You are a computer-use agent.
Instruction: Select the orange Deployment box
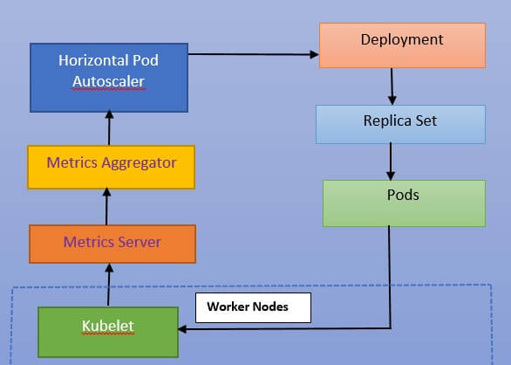(402, 45)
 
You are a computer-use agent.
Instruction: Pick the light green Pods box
(403, 203)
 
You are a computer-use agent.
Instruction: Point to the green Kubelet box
(107, 331)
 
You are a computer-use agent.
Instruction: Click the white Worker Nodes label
(253, 308)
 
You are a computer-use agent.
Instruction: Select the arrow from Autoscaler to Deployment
(253, 54)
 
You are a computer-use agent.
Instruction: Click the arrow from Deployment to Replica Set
(392, 86)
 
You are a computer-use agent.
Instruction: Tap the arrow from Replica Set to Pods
(390, 162)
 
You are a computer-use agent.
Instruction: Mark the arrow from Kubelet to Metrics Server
(108, 284)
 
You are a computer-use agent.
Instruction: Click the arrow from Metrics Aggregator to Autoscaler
(108, 127)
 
